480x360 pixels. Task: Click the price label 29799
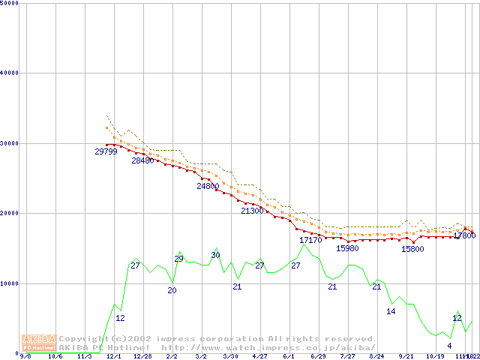click(x=106, y=151)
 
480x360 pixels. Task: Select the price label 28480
click(x=142, y=160)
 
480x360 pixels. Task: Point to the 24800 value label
click(x=208, y=186)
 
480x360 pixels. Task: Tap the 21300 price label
click(x=252, y=211)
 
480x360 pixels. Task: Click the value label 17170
click(x=310, y=241)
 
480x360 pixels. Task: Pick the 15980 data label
click(x=347, y=248)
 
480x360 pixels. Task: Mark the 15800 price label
click(x=412, y=249)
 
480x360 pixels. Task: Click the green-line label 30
click(x=215, y=256)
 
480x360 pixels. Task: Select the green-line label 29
click(x=178, y=259)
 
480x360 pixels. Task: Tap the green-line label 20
click(x=172, y=290)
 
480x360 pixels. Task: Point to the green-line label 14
click(x=391, y=311)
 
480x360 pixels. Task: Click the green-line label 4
click(x=449, y=346)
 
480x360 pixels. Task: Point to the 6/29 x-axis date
click(x=317, y=357)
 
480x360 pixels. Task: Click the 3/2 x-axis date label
click(x=201, y=357)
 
